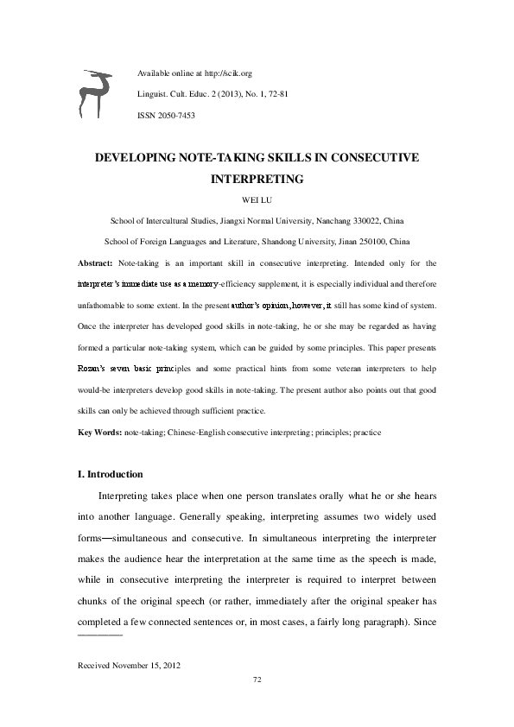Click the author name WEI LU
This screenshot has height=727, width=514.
click(x=257, y=200)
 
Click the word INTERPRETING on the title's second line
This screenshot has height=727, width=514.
click(x=257, y=180)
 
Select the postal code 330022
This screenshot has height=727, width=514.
click(x=359, y=221)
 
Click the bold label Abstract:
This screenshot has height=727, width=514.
click(x=95, y=262)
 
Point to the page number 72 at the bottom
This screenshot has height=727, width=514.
click(x=257, y=680)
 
